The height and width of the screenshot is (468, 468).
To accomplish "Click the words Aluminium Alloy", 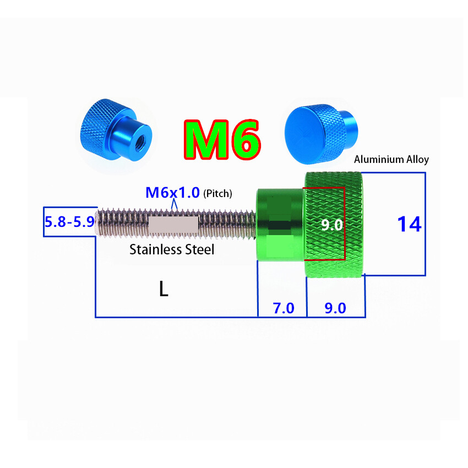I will pos(391,160).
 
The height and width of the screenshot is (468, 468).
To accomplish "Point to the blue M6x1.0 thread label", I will pos(172,193).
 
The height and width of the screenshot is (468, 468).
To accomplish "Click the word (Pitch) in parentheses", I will pos(218,194).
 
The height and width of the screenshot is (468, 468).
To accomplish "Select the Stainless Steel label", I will pos(172,249).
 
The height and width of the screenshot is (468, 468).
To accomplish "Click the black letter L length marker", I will pos(164,289).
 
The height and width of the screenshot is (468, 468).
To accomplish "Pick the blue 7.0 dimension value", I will pos(284,308).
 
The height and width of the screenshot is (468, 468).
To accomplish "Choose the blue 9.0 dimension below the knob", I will pos(335,308).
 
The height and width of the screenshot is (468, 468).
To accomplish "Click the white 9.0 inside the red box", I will pos(331,224).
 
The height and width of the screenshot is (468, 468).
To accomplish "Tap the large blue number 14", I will pos(409,224).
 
